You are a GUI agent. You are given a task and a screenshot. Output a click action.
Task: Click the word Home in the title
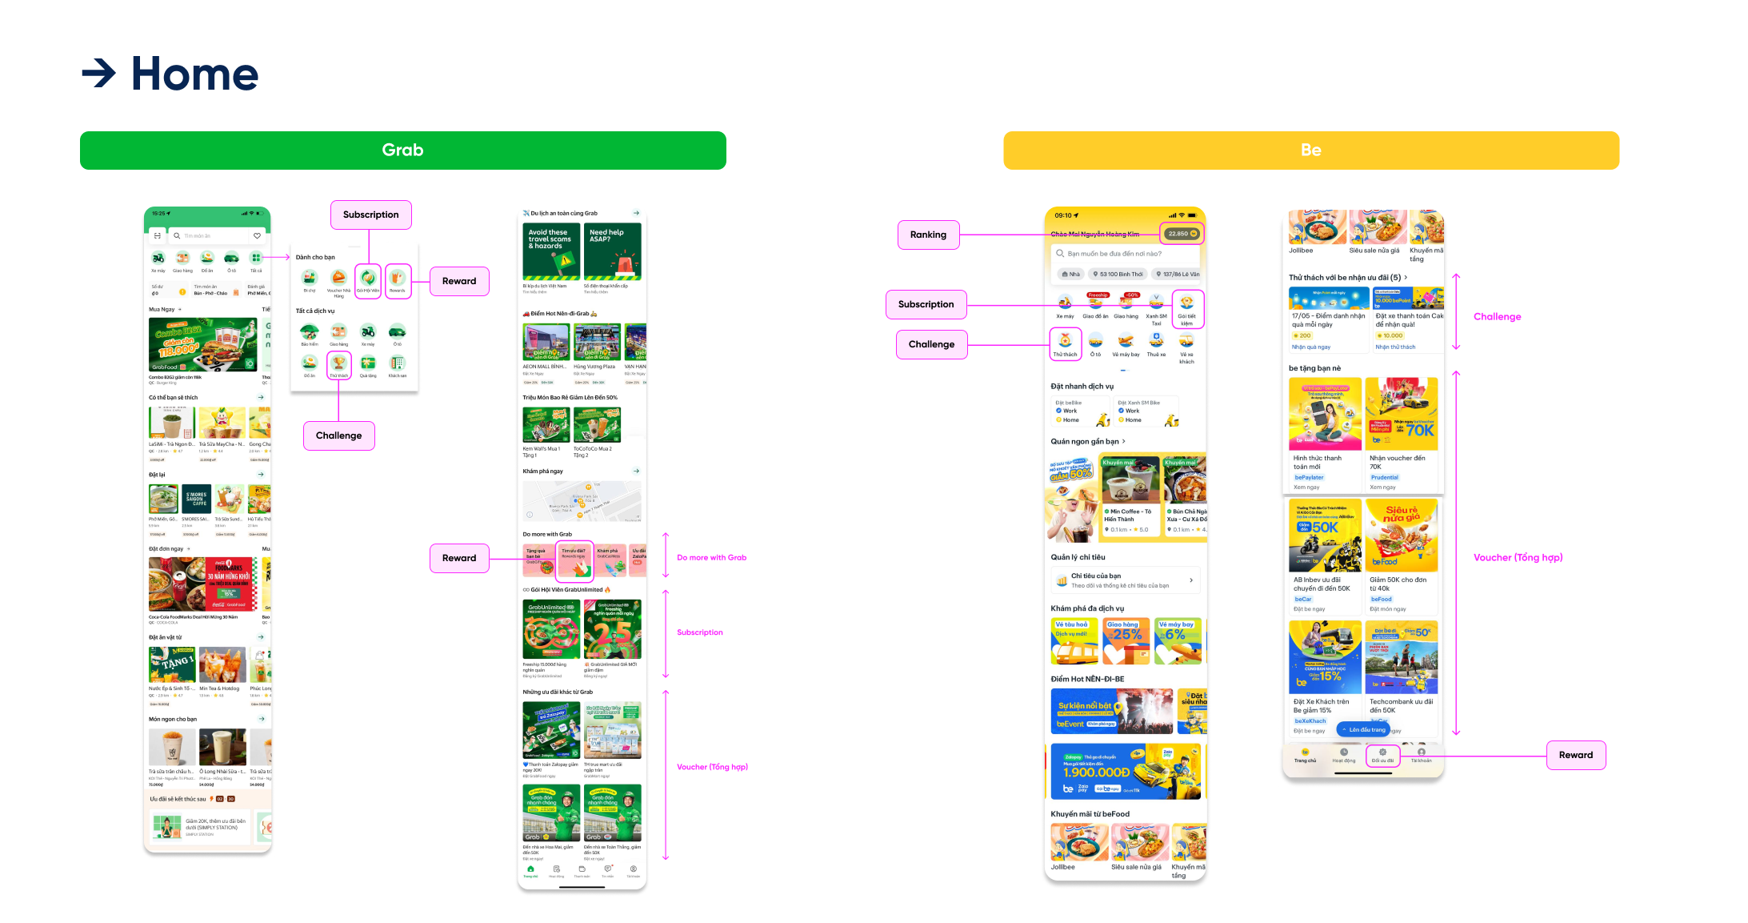(194, 74)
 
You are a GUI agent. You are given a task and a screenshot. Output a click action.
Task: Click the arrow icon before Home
(99, 74)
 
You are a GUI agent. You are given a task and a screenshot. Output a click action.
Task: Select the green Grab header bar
(402, 150)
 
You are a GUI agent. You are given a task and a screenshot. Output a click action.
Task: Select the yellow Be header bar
(1310, 150)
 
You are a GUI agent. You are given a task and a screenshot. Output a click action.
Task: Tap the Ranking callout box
(928, 235)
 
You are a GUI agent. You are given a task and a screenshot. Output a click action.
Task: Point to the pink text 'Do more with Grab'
(711, 558)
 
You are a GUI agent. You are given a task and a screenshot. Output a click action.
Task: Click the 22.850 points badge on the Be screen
(1181, 234)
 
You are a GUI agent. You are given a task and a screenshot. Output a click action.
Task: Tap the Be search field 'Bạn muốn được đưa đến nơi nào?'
(1125, 254)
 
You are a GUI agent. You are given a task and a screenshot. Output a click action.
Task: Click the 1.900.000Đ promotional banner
(1125, 772)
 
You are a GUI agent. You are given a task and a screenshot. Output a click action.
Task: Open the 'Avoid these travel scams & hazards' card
(550, 251)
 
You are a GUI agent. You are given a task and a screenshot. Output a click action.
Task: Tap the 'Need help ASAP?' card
(612, 251)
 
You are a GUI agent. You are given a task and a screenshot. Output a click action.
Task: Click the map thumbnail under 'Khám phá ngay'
(582, 501)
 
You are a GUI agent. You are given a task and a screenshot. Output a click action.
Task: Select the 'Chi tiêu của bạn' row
(1125, 580)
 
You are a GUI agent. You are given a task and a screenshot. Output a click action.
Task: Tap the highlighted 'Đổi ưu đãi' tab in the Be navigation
(1382, 756)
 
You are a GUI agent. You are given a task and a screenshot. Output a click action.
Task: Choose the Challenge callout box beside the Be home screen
(931, 344)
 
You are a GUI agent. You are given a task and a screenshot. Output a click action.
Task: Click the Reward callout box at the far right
(1575, 755)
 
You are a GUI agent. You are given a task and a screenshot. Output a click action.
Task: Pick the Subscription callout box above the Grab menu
(370, 215)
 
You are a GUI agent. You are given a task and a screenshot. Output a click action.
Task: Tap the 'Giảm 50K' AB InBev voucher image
(1324, 536)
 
